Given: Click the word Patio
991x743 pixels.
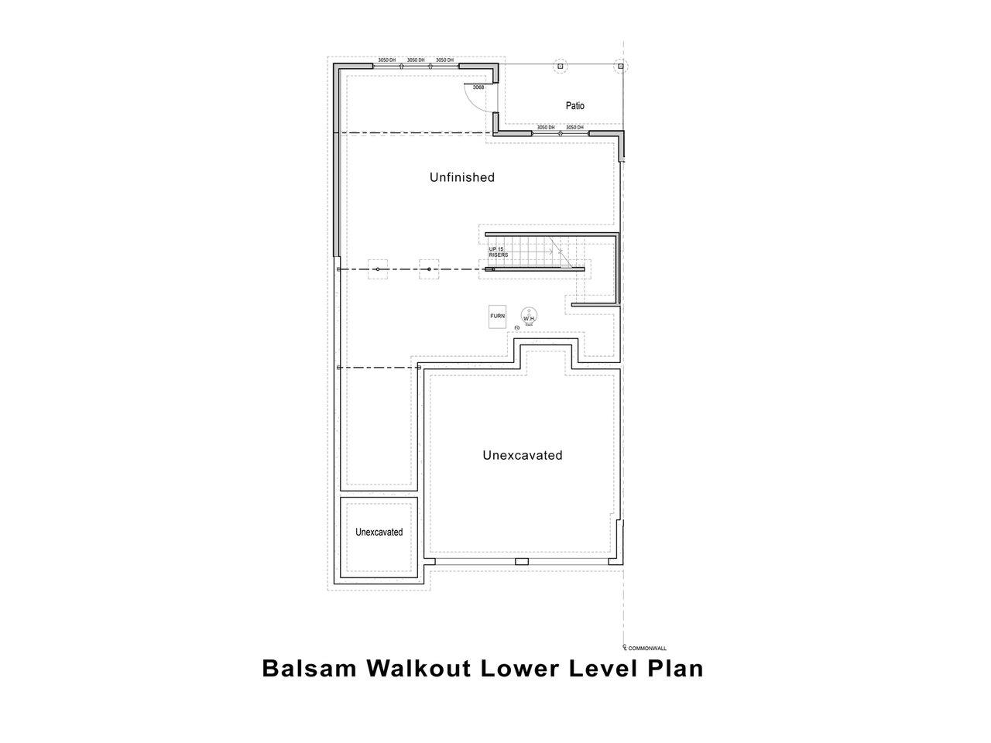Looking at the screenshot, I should pos(574,105).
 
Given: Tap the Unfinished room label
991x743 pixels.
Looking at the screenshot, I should pos(461,177).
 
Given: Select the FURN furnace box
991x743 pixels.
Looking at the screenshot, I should pos(497,317).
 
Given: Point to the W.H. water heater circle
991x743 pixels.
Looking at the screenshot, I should pos(530,317).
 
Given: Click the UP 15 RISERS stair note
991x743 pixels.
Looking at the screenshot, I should pos(498,252).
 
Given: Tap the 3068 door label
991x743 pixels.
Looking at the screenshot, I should pos(478,87).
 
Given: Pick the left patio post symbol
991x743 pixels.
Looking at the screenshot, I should pos(560,67).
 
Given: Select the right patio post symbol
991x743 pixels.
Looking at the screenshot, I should pos(619,67).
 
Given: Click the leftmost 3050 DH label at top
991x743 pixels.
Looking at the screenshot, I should pos(387,60).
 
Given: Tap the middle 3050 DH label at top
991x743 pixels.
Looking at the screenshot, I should pos(416,60).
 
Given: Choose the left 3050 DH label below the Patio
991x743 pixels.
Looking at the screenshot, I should pos(546,127).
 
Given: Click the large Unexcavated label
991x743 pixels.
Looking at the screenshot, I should pos(522,455).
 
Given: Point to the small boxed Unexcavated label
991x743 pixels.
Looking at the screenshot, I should pos(379,532).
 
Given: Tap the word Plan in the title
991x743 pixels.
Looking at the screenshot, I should pos(674,668).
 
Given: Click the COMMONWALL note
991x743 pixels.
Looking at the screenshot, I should pos(646,649).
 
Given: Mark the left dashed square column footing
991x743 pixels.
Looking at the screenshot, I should pos(377,269).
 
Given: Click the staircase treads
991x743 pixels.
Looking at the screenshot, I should pos(526,252).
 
